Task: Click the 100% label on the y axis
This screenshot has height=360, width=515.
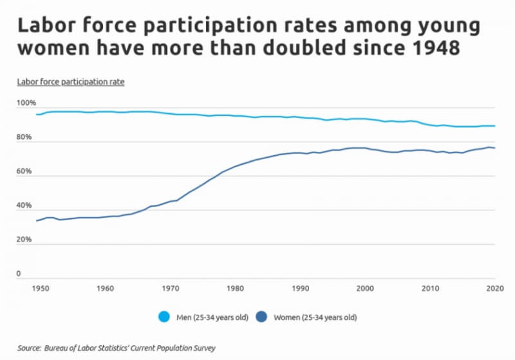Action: tap(26, 103)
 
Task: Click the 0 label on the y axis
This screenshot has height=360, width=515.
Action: tap(19, 274)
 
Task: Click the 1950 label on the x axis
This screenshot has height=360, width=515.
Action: tap(40, 289)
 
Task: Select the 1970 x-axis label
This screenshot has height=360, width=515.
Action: tap(171, 289)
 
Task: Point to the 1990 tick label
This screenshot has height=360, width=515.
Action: tap(300, 289)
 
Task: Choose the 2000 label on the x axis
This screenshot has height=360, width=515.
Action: tap(365, 289)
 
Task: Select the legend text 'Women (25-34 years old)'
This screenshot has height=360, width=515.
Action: tap(315, 317)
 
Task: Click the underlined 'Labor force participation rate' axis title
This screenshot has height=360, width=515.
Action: tap(70, 82)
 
